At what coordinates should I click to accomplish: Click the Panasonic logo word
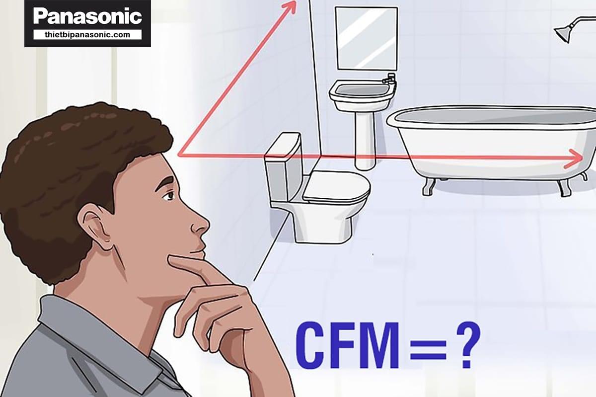click(x=87, y=16)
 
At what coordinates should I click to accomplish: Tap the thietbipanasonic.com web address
click(x=87, y=35)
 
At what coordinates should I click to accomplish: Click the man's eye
click(x=169, y=196)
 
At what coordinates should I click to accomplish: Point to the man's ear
click(x=95, y=226)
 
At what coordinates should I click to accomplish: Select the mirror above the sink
click(x=367, y=39)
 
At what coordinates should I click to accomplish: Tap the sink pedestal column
click(x=365, y=140)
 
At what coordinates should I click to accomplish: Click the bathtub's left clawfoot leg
click(x=429, y=187)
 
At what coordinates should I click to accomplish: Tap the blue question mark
click(x=468, y=345)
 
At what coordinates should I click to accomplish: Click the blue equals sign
click(x=428, y=349)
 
